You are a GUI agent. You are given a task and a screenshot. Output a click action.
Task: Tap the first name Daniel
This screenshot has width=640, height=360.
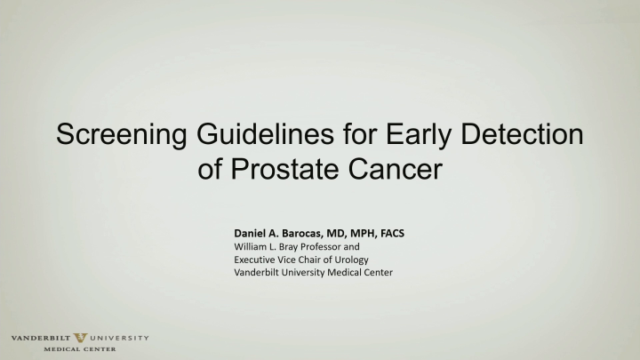pos(253,233)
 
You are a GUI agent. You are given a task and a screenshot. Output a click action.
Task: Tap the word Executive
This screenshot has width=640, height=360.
pos(256,260)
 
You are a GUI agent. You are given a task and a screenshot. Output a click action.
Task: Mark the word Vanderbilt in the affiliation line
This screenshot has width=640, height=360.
pos(259,273)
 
